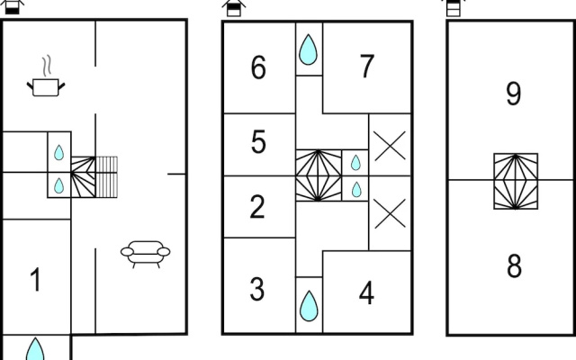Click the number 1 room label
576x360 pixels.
pos(36,280)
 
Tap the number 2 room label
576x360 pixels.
pos(257,207)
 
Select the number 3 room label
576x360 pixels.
pos(256,289)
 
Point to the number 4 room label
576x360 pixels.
pos(366,292)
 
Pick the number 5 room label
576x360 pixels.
pos(258,142)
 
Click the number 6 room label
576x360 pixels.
pos(258,67)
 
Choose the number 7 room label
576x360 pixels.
pos(366,66)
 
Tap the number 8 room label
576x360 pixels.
pos(514,265)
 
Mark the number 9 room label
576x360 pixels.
pos(513,94)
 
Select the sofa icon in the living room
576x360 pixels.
pos(146,254)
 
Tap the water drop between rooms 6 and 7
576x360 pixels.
pos(308,49)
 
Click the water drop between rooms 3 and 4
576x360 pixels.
pos(309,306)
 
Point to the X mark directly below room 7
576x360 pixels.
pos(390,146)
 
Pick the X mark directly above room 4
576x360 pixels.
pos(390,214)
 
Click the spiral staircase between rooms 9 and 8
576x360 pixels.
pos(516,181)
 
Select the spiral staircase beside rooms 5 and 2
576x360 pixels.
pos(319,175)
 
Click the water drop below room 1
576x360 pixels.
pos(35,349)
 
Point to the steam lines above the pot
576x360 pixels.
pos(46,66)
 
